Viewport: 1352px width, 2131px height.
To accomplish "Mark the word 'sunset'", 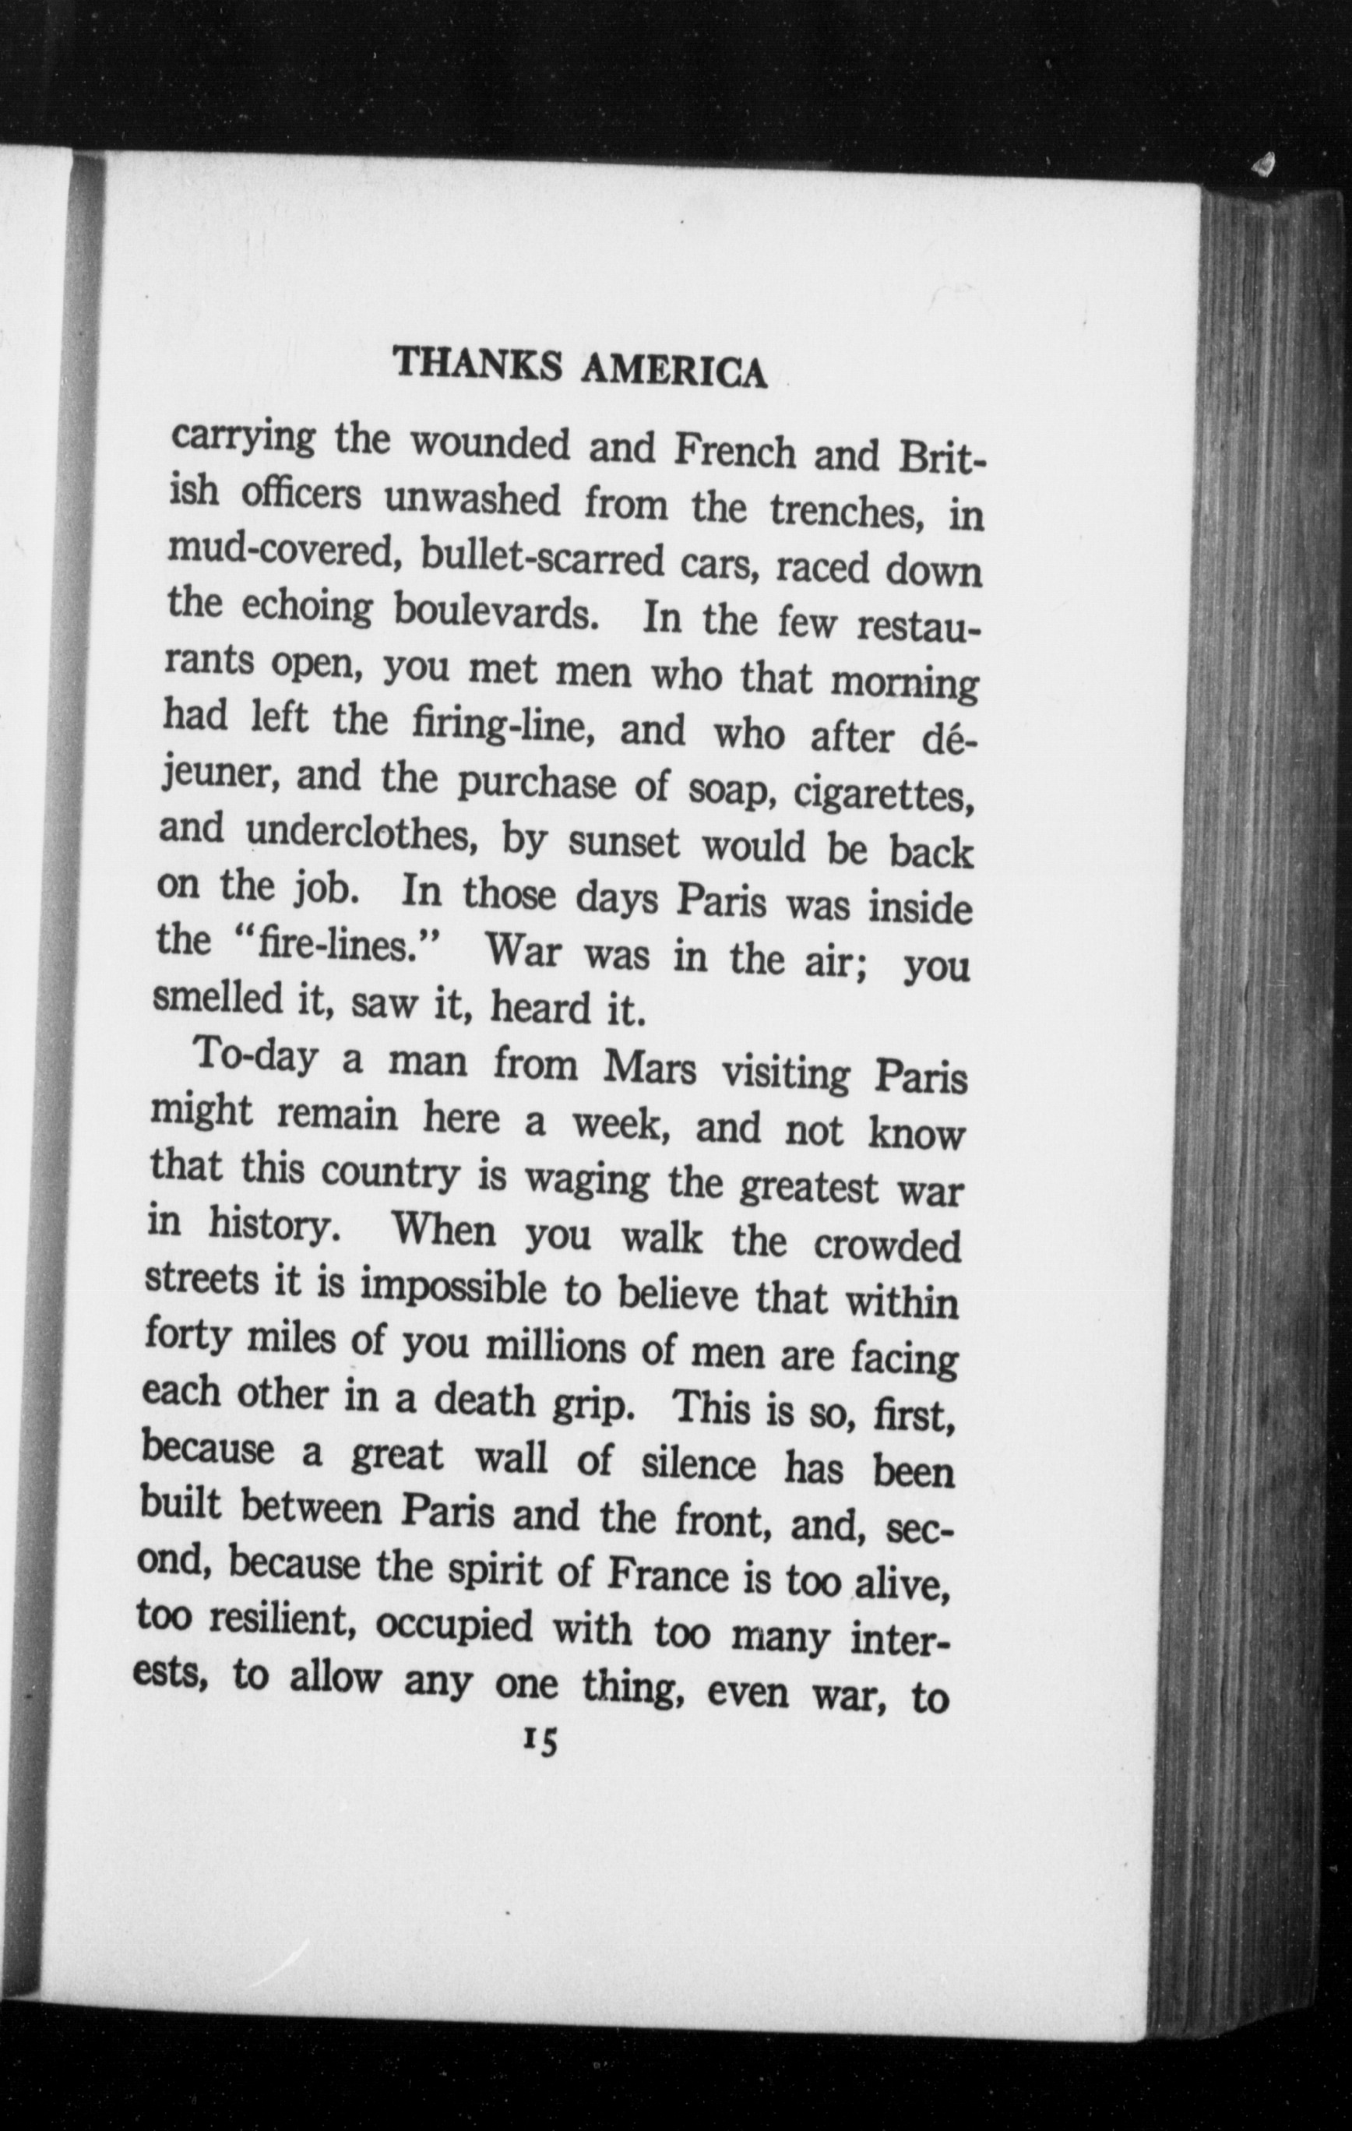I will pos(624,843).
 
